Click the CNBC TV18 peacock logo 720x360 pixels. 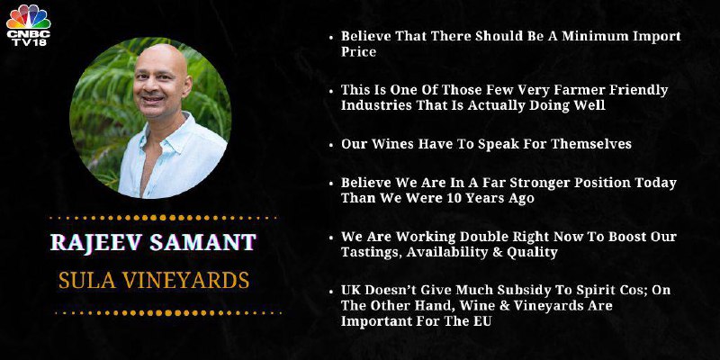pos(28,25)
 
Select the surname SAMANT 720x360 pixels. pos(202,242)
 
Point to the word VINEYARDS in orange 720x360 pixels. pos(186,280)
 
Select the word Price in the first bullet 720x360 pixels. pos(358,51)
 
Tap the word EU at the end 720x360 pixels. pos(482,321)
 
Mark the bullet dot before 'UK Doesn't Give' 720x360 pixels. pos(331,291)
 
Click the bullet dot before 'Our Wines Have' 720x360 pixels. pos(331,145)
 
